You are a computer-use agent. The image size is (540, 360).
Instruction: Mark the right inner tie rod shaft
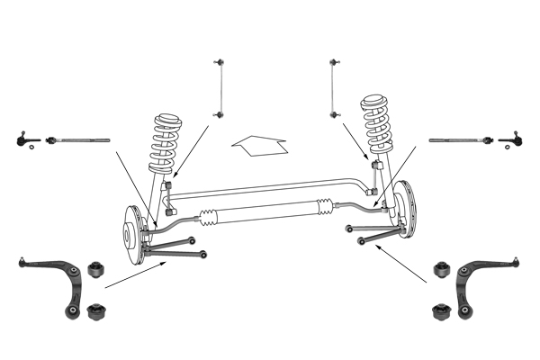pyautogui.click(x=457, y=140)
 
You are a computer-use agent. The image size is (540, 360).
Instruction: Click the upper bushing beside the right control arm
pyautogui.click(x=441, y=269)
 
